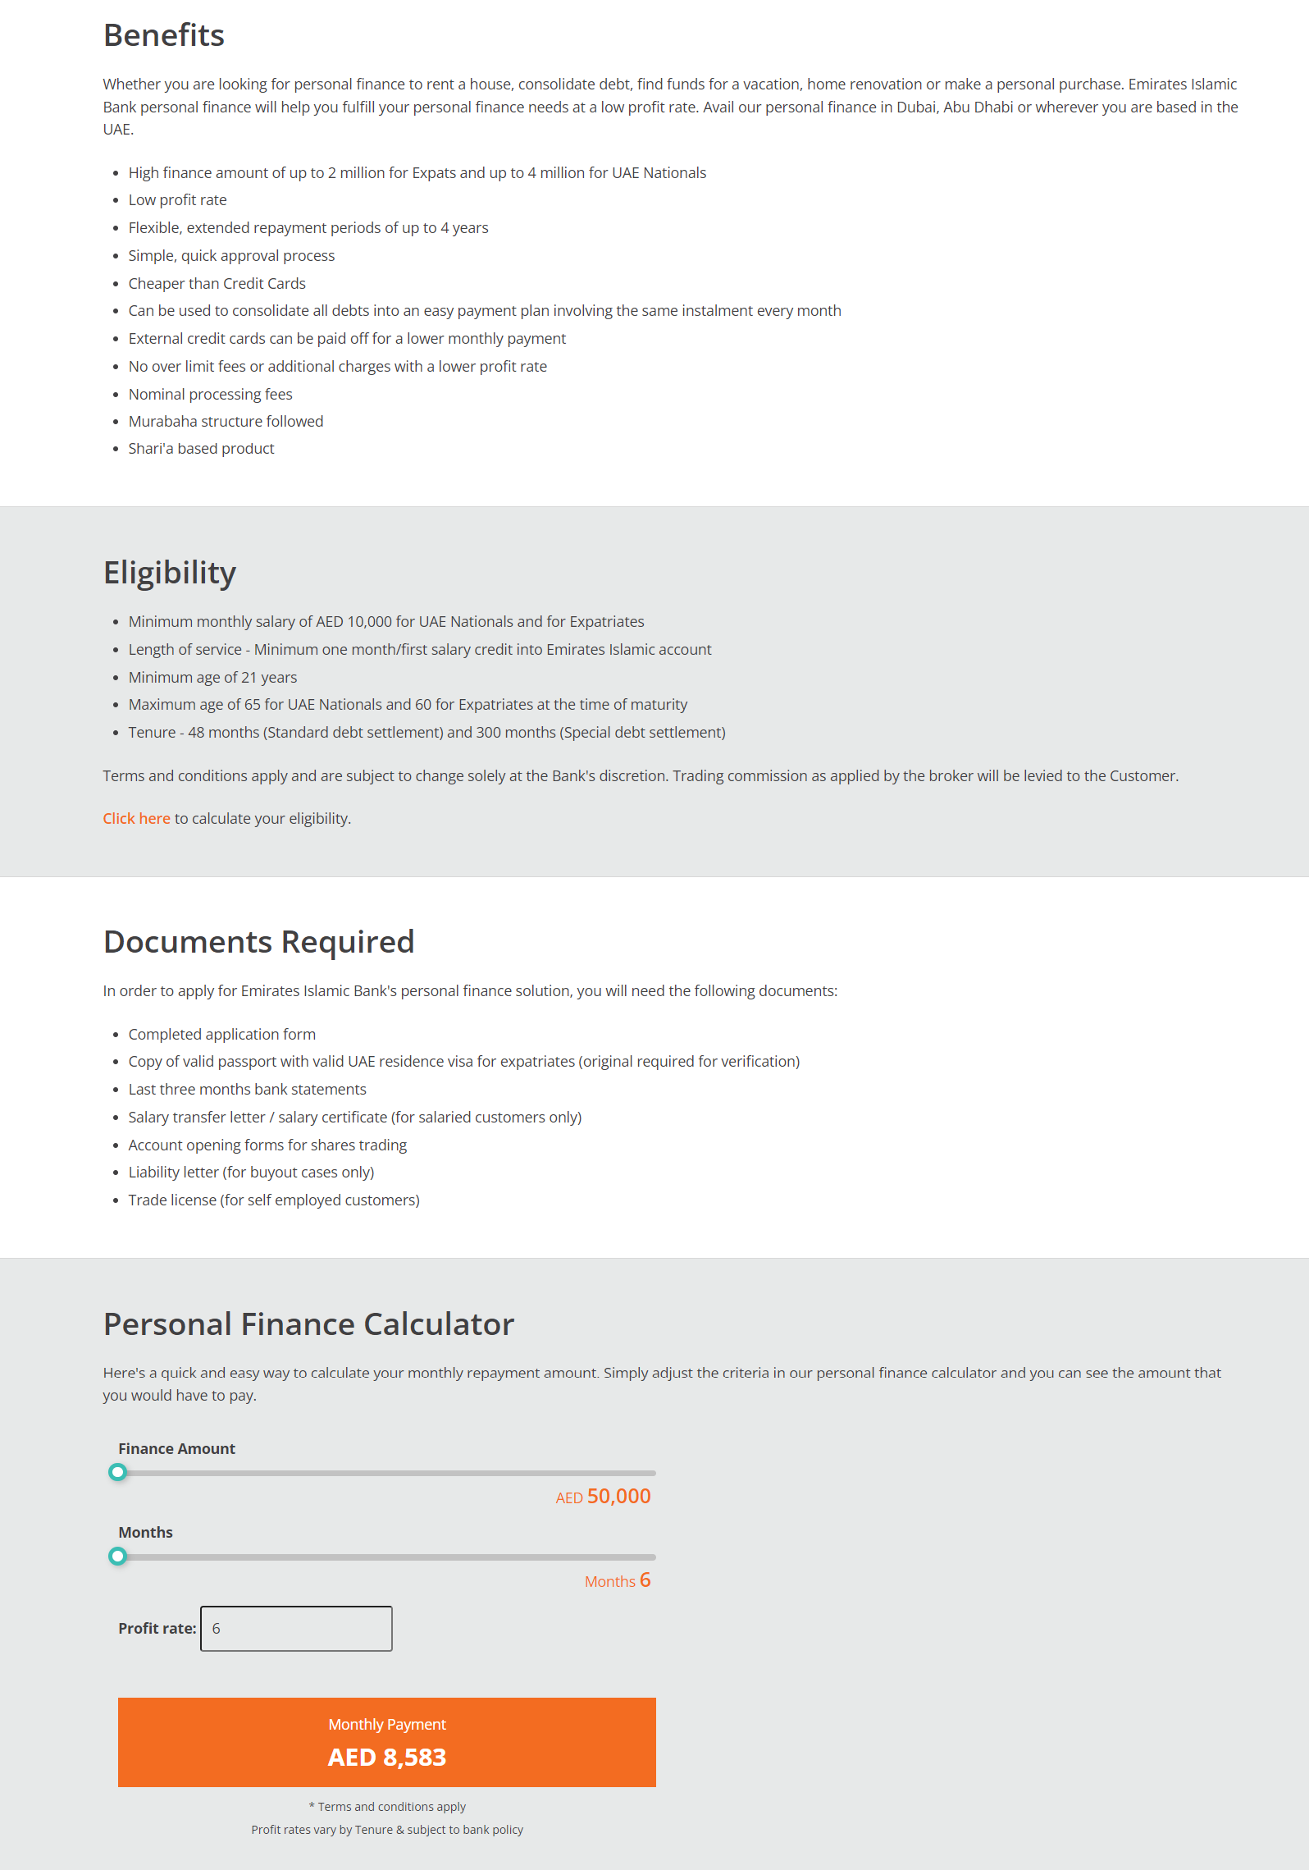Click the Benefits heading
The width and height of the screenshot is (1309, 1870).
click(164, 35)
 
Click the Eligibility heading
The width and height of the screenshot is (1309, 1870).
click(170, 572)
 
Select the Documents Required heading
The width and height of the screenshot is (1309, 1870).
click(258, 941)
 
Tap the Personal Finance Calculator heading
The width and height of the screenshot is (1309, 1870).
click(308, 1324)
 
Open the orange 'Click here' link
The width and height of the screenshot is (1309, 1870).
click(136, 818)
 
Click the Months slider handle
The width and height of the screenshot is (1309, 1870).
click(118, 1556)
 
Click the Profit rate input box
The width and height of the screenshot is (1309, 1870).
click(296, 1628)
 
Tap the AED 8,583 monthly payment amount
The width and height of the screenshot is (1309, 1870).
click(387, 1757)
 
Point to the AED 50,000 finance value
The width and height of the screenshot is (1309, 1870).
click(604, 1496)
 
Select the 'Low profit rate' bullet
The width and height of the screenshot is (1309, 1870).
click(177, 200)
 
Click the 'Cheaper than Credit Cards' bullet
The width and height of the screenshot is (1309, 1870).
click(217, 283)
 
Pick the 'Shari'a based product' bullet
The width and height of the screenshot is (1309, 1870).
click(201, 449)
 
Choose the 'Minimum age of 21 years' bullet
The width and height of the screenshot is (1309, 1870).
click(212, 677)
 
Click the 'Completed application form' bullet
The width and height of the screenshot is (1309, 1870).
click(221, 1034)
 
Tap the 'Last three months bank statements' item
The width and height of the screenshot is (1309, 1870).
click(247, 1089)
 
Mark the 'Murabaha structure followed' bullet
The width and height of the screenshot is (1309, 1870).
click(226, 421)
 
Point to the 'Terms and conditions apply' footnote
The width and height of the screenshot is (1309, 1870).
click(387, 1806)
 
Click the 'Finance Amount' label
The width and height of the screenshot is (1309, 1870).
click(176, 1448)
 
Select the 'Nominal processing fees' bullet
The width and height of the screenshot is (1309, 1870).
click(210, 394)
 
